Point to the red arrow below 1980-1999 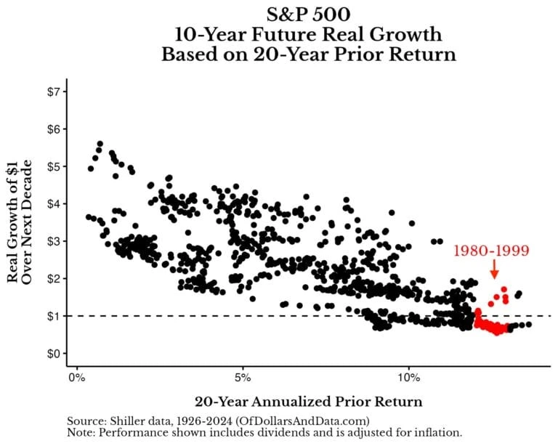click(495, 270)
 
